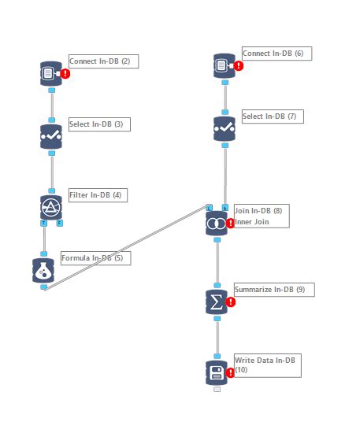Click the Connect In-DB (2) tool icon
point(51,73)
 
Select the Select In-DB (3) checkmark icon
point(51,136)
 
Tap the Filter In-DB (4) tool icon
point(51,207)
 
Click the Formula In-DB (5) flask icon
point(43,270)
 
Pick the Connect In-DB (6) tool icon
point(225,65)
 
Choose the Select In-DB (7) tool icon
point(225,128)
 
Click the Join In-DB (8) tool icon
point(217,223)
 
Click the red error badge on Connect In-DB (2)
point(65,73)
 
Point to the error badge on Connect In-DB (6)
point(239,66)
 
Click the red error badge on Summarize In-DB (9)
point(231,302)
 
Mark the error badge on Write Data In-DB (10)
point(231,372)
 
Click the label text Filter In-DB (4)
point(98,195)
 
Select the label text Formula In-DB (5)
point(91,258)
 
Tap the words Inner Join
point(252,222)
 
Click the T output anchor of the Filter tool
point(43,223)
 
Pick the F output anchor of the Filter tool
point(60,223)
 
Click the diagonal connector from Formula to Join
point(126,248)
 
